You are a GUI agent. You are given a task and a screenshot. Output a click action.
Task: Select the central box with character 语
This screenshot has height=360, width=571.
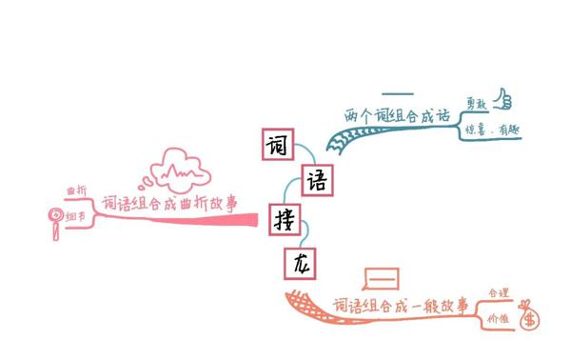[x=318, y=179]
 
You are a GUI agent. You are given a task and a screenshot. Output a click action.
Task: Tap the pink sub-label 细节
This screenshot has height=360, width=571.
[x=75, y=218]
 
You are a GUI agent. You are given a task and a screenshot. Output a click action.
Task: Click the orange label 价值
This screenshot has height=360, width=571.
[x=498, y=318]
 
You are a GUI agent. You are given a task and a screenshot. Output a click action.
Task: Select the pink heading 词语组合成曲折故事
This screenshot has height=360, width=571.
[x=168, y=202]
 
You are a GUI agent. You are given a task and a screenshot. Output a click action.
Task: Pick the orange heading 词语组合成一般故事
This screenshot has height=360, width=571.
[x=400, y=305]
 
